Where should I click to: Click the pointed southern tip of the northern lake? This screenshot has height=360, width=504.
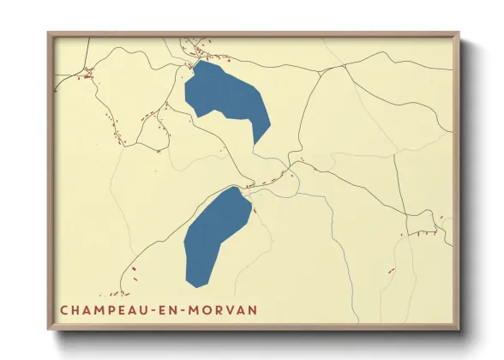pyautogui.click(x=255, y=141)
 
